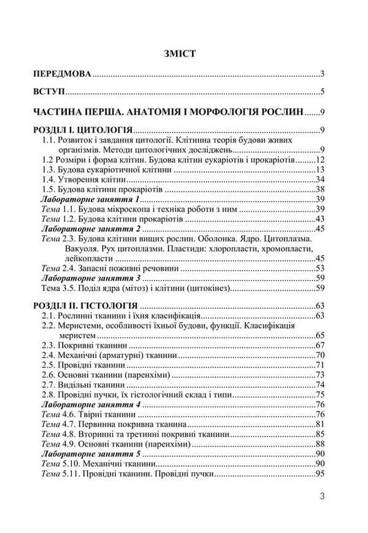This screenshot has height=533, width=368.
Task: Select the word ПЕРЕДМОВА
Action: point(63,73)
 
